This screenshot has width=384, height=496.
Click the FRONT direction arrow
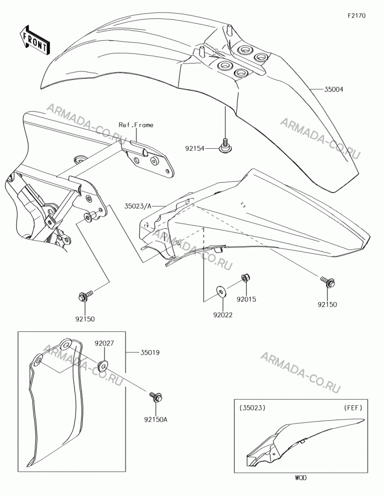(x=34, y=40)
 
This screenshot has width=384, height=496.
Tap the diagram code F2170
(x=357, y=15)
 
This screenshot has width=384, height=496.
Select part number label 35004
(x=333, y=89)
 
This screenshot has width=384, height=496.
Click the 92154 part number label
(x=195, y=148)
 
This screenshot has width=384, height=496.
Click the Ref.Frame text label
(x=136, y=125)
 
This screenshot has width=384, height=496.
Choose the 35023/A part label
(x=138, y=206)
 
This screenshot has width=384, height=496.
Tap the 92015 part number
(x=247, y=299)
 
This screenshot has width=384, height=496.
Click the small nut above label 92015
(x=245, y=278)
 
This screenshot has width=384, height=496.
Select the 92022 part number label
(x=223, y=315)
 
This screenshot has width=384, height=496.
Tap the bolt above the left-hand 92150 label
(x=85, y=296)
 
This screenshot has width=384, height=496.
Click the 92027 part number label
(x=104, y=343)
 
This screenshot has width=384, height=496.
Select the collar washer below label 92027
(x=103, y=366)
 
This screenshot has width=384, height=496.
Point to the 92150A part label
(x=156, y=420)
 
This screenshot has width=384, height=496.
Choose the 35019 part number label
(x=150, y=352)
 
